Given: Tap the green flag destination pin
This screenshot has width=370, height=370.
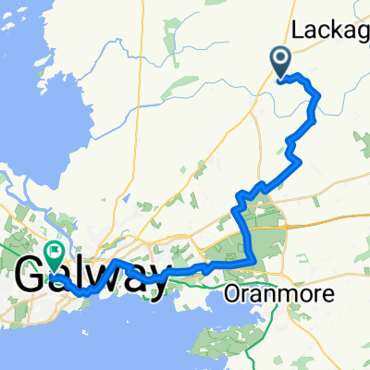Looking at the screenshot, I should [x=54, y=251].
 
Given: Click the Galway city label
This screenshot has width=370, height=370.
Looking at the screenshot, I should [x=92, y=274].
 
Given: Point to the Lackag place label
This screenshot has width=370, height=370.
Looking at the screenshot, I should [x=330, y=31].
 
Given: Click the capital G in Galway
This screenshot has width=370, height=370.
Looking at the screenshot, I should [x=35, y=275].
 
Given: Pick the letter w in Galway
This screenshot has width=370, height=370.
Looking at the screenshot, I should [x=99, y=276].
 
